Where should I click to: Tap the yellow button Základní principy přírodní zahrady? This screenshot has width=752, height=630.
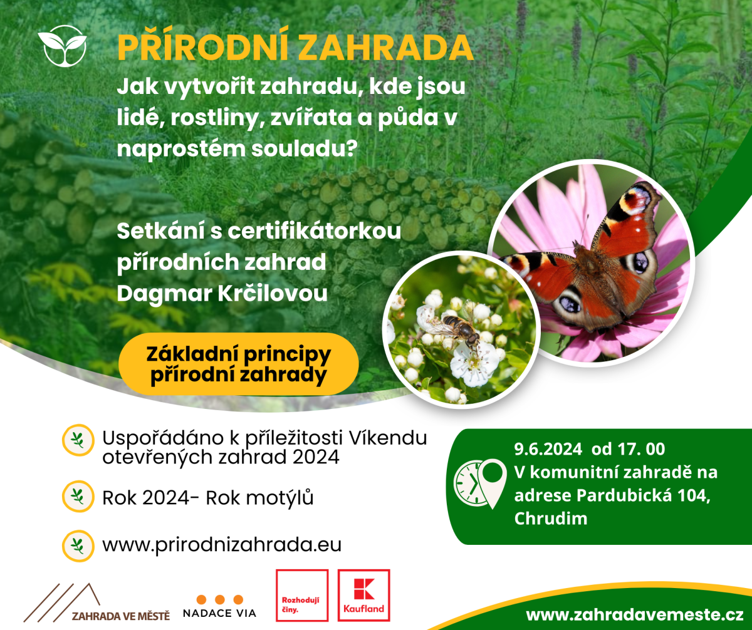coord(238,364)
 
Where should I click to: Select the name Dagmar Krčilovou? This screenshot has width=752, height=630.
coord(222,294)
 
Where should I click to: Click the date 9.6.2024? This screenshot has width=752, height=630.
coord(548,449)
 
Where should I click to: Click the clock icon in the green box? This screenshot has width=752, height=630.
coord(469,483)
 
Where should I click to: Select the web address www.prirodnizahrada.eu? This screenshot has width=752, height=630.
coord(222,545)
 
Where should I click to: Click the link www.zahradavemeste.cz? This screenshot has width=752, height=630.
coord(635,614)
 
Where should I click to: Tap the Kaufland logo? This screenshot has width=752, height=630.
coord(363,596)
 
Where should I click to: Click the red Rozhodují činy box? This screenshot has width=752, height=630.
coord(302,596)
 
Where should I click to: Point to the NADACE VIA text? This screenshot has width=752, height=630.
coord(219,613)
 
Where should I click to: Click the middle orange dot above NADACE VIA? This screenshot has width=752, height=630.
coord(220,599)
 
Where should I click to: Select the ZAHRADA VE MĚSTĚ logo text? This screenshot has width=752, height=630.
coord(121,616)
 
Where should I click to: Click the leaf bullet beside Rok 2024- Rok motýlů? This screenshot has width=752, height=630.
coord(78,496)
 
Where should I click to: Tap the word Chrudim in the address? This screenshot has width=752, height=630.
coord(551,519)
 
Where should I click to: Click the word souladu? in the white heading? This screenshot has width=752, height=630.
coord(305,148)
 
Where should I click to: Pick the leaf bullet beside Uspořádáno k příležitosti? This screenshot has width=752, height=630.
coord(78,440)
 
